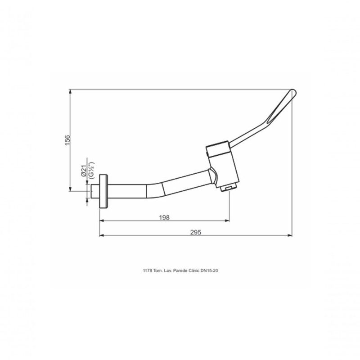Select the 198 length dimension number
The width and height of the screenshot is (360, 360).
click(x=164, y=217)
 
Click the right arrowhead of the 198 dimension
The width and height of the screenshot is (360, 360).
click(x=228, y=221)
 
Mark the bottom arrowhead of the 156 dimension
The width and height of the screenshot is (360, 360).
click(x=71, y=188)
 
